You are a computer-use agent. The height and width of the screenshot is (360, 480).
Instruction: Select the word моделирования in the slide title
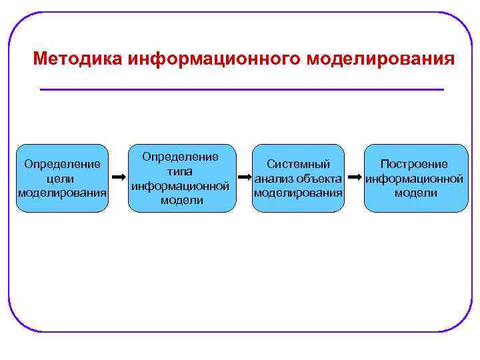pos(381,59)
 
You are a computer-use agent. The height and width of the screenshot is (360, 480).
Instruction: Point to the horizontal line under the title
pos(241,89)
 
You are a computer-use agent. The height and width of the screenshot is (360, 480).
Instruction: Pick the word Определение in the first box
pos(62,164)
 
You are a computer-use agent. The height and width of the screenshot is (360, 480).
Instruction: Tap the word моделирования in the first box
pos(62,193)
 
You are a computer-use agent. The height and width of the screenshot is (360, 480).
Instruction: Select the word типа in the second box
pos(181,171)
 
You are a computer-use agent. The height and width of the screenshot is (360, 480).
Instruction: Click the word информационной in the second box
pos(181,186)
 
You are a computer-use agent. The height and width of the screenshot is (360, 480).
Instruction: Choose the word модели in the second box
pos(181,200)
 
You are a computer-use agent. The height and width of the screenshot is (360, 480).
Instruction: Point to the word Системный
pos(298,164)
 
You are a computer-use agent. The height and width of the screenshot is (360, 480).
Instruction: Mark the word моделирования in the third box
pos(298,193)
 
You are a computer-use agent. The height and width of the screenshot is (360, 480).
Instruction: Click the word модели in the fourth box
pos(415,193)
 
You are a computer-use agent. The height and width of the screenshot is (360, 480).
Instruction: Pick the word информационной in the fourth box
pos(415,179)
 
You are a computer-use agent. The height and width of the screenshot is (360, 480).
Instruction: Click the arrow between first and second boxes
pos(119,178)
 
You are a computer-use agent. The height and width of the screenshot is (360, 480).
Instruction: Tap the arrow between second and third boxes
pos(243,178)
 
